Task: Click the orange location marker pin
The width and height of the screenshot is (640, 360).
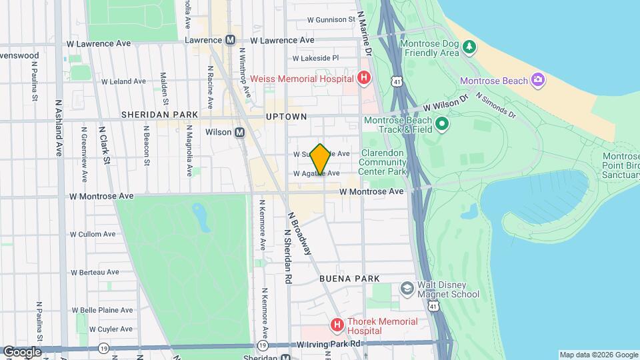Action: pos(321,159)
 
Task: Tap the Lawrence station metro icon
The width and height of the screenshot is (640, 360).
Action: pos(230,40)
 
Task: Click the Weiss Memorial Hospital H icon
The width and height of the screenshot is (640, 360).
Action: pos(363,79)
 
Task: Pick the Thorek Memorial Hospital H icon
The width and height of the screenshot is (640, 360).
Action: pos(338,325)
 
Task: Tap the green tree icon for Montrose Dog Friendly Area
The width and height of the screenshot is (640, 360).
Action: pos(470,46)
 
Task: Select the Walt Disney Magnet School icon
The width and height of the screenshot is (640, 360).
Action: pos(407,288)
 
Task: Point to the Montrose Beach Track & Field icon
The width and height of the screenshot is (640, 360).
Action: pos(441,124)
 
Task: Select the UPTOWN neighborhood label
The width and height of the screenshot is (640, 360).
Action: pos(286,117)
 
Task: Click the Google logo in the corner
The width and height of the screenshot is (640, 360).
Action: pos(21,351)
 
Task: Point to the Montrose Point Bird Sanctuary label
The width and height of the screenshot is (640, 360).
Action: pos(620,165)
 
